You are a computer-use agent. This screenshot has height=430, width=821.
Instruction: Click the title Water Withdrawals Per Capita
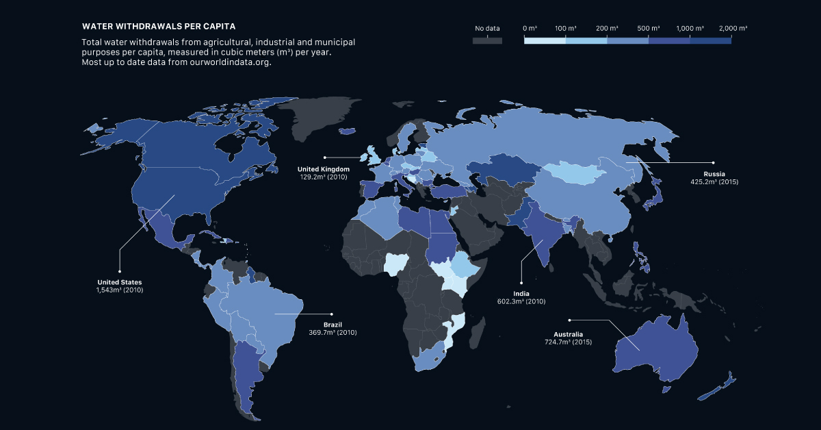pyautogui.click(x=159, y=27)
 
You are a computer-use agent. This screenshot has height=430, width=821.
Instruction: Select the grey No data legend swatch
pyautogui.click(x=487, y=40)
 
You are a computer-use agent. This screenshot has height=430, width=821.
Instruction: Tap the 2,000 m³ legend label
pyautogui.click(x=733, y=29)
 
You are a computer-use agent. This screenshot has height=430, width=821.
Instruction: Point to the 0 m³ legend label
pyautogui.click(x=529, y=29)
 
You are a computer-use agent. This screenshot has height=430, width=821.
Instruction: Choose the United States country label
pyautogui.click(x=119, y=282)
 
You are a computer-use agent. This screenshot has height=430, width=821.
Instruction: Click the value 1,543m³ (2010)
pyautogui.click(x=119, y=290)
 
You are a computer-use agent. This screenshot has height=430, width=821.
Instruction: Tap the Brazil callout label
pyautogui.click(x=333, y=324)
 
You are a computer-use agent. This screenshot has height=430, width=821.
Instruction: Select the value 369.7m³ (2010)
pyautogui.click(x=333, y=332)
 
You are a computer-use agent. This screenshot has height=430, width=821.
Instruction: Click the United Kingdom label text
pyautogui.click(x=324, y=169)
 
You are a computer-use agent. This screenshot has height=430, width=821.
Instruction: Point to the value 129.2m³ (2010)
pyautogui.click(x=324, y=177)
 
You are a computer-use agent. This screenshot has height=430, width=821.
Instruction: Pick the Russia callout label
pyautogui.click(x=713, y=175)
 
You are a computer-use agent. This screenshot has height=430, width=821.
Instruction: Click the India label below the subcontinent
pyautogui.click(x=521, y=293)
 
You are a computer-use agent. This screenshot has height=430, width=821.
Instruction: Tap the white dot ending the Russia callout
pyautogui.click(x=713, y=162)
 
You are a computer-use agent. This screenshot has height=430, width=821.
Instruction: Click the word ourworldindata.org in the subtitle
pyautogui.click(x=225, y=62)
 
